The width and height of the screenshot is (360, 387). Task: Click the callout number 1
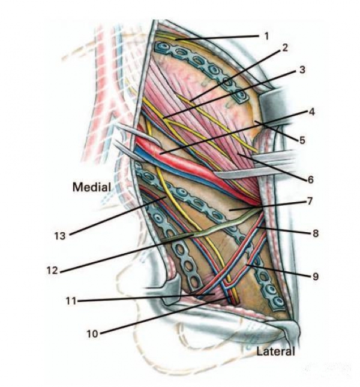click(x=267, y=35)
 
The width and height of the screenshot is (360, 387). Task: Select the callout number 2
click(x=285, y=47)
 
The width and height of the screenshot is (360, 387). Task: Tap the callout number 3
click(x=302, y=70)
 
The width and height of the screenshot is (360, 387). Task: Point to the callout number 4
click(x=311, y=112)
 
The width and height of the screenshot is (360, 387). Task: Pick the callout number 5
click(x=302, y=140)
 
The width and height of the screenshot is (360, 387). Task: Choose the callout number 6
click(x=310, y=179)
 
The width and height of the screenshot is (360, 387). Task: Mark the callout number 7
click(x=311, y=202)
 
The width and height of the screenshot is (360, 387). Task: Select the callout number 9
click(x=314, y=277)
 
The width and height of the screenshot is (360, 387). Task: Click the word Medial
click(x=91, y=187)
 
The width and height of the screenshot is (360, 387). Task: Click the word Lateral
click(x=275, y=351)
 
